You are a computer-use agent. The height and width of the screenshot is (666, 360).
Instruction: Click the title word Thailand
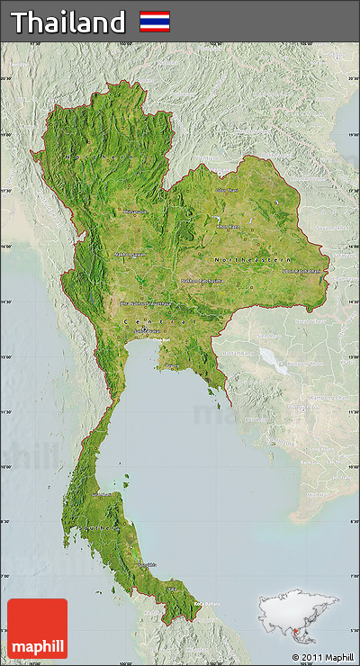(67, 22)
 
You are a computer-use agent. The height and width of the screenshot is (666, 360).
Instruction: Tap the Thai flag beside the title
(154, 22)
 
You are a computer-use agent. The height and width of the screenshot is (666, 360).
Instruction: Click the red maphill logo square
(37, 628)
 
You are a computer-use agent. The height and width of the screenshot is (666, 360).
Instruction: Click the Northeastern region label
(253, 259)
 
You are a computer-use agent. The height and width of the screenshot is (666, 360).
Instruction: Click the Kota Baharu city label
(206, 604)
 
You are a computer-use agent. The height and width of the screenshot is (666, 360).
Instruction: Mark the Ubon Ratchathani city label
(306, 270)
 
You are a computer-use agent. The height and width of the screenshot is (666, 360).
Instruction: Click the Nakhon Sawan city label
(130, 255)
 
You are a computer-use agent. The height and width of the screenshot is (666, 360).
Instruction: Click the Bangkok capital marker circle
(143, 330)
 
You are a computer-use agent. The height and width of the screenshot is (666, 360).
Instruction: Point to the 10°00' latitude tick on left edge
(6, 467)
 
